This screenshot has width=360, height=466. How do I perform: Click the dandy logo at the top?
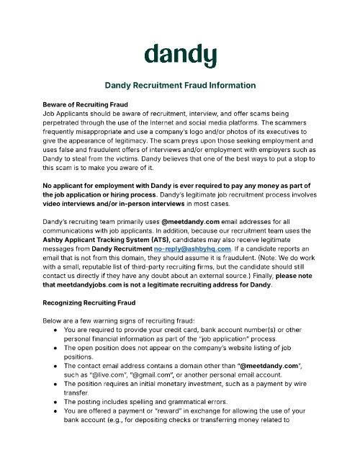180,54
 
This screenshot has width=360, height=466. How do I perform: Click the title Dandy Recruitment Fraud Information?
180,85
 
